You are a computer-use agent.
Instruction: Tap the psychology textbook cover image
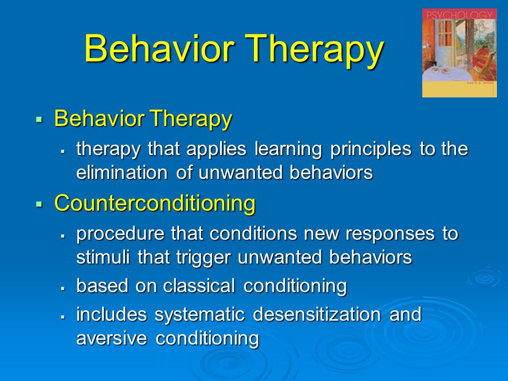coord(459,53)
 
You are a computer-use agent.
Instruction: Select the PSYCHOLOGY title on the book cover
coord(459,15)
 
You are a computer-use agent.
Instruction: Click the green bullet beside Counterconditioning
coord(39,204)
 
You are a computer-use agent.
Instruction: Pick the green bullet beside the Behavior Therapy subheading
coord(39,119)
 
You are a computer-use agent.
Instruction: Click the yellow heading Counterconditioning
coord(155,203)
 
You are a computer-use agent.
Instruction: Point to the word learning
coord(288,150)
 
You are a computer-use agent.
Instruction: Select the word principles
coord(370,150)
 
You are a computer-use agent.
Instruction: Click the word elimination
coord(122,173)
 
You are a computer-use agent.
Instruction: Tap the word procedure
coord(120,234)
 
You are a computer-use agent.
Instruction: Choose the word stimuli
coord(103,257)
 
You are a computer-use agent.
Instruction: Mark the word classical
coord(199,286)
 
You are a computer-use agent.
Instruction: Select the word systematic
coord(199,315)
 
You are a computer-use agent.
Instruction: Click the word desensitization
coord(317,314)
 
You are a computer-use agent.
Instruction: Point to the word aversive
coord(112,338)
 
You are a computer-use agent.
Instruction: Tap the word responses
coord(390,234)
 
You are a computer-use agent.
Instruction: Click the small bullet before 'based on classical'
coord(63,288)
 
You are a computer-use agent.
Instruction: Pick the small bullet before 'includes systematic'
coord(63,316)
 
